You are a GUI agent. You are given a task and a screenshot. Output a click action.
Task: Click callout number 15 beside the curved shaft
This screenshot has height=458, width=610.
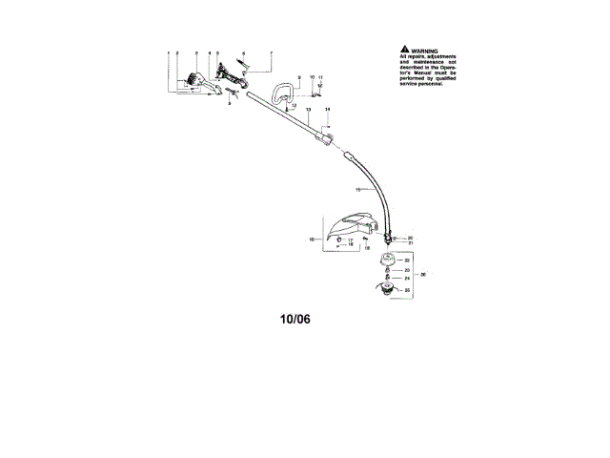359,190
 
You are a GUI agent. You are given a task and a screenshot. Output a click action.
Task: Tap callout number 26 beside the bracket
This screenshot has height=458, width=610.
423,274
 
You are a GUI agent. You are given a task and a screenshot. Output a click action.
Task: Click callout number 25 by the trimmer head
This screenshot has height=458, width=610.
406,289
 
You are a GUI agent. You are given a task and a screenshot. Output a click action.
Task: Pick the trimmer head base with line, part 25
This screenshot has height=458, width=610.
386,289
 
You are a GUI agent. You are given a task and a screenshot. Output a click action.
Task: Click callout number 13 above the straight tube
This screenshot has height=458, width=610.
309,111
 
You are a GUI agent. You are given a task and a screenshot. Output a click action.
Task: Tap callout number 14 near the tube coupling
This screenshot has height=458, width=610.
327,111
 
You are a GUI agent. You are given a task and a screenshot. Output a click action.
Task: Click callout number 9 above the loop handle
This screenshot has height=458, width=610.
298,75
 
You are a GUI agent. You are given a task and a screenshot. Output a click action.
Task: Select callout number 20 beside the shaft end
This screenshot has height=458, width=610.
410,237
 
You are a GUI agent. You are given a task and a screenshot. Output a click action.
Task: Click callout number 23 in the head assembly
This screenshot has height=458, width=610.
407,271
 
